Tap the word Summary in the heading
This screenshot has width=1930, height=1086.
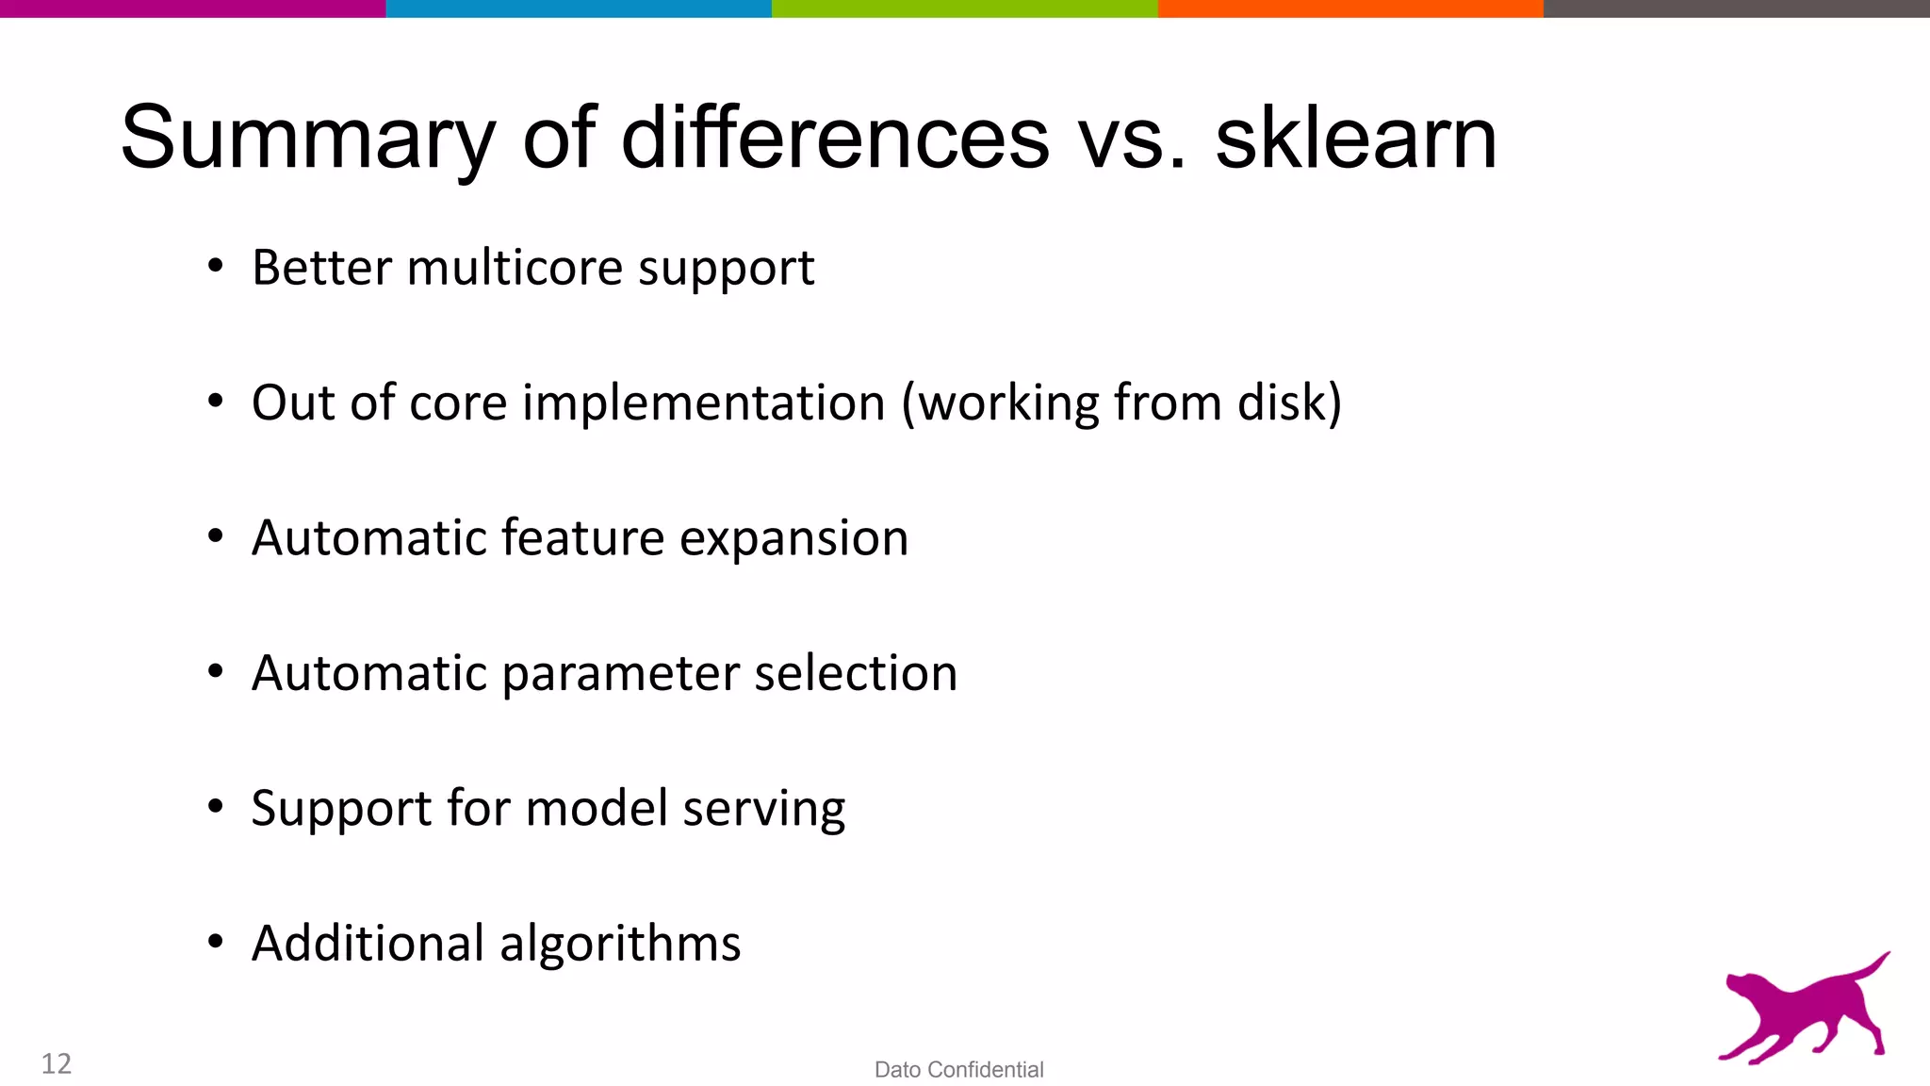click(x=307, y=139)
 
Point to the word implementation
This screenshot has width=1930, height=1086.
click(x=704, y=403)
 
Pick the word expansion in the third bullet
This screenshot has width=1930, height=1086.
click(x=793, y=538)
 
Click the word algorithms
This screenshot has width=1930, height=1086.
click(x=620, y=944)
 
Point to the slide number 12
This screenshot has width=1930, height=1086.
click(x=57, y=1063)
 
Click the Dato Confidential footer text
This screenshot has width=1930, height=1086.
click(x=958, y=1070)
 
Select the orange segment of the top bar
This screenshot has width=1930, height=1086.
click(x=1349, y=8)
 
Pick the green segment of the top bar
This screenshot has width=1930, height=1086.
click(x=964, y=8)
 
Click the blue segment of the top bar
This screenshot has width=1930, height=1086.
click(x=579, y=8)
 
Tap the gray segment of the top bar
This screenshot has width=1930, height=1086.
click(x=1736, y=8)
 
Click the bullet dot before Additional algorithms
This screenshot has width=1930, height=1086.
click(x=216, y=941)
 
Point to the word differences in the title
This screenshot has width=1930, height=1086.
click(x=834, y=139)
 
